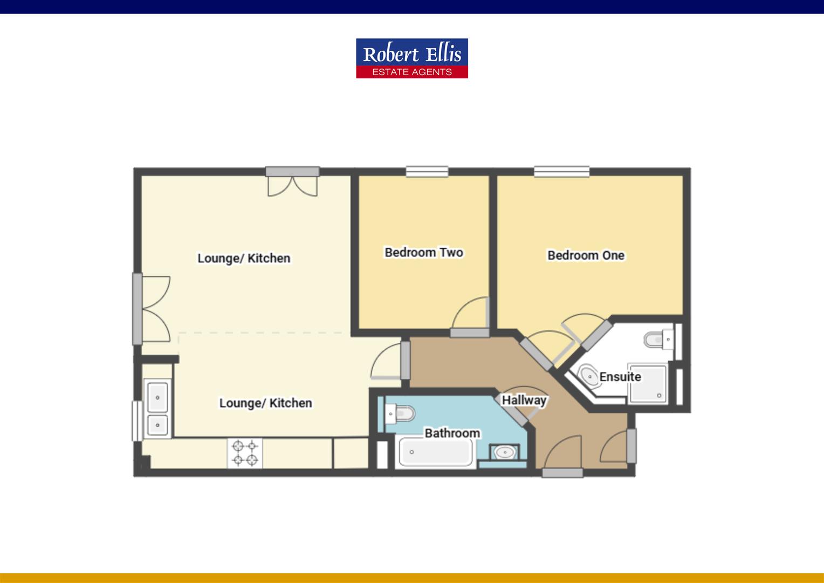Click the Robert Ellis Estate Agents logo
coord(412,58)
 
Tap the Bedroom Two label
coord(424,252)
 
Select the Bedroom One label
coord(586,255)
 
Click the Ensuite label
coord(620,376)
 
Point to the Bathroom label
coord(452,433)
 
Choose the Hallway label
coord(524,400)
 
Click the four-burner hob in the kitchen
coord(245,453)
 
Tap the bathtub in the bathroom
coord(435,453)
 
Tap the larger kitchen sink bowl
coord(157,398)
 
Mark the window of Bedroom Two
coord(427,172)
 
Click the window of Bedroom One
coord(561,172)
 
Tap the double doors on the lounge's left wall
coord(154,308)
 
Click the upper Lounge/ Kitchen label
coord(244,258)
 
